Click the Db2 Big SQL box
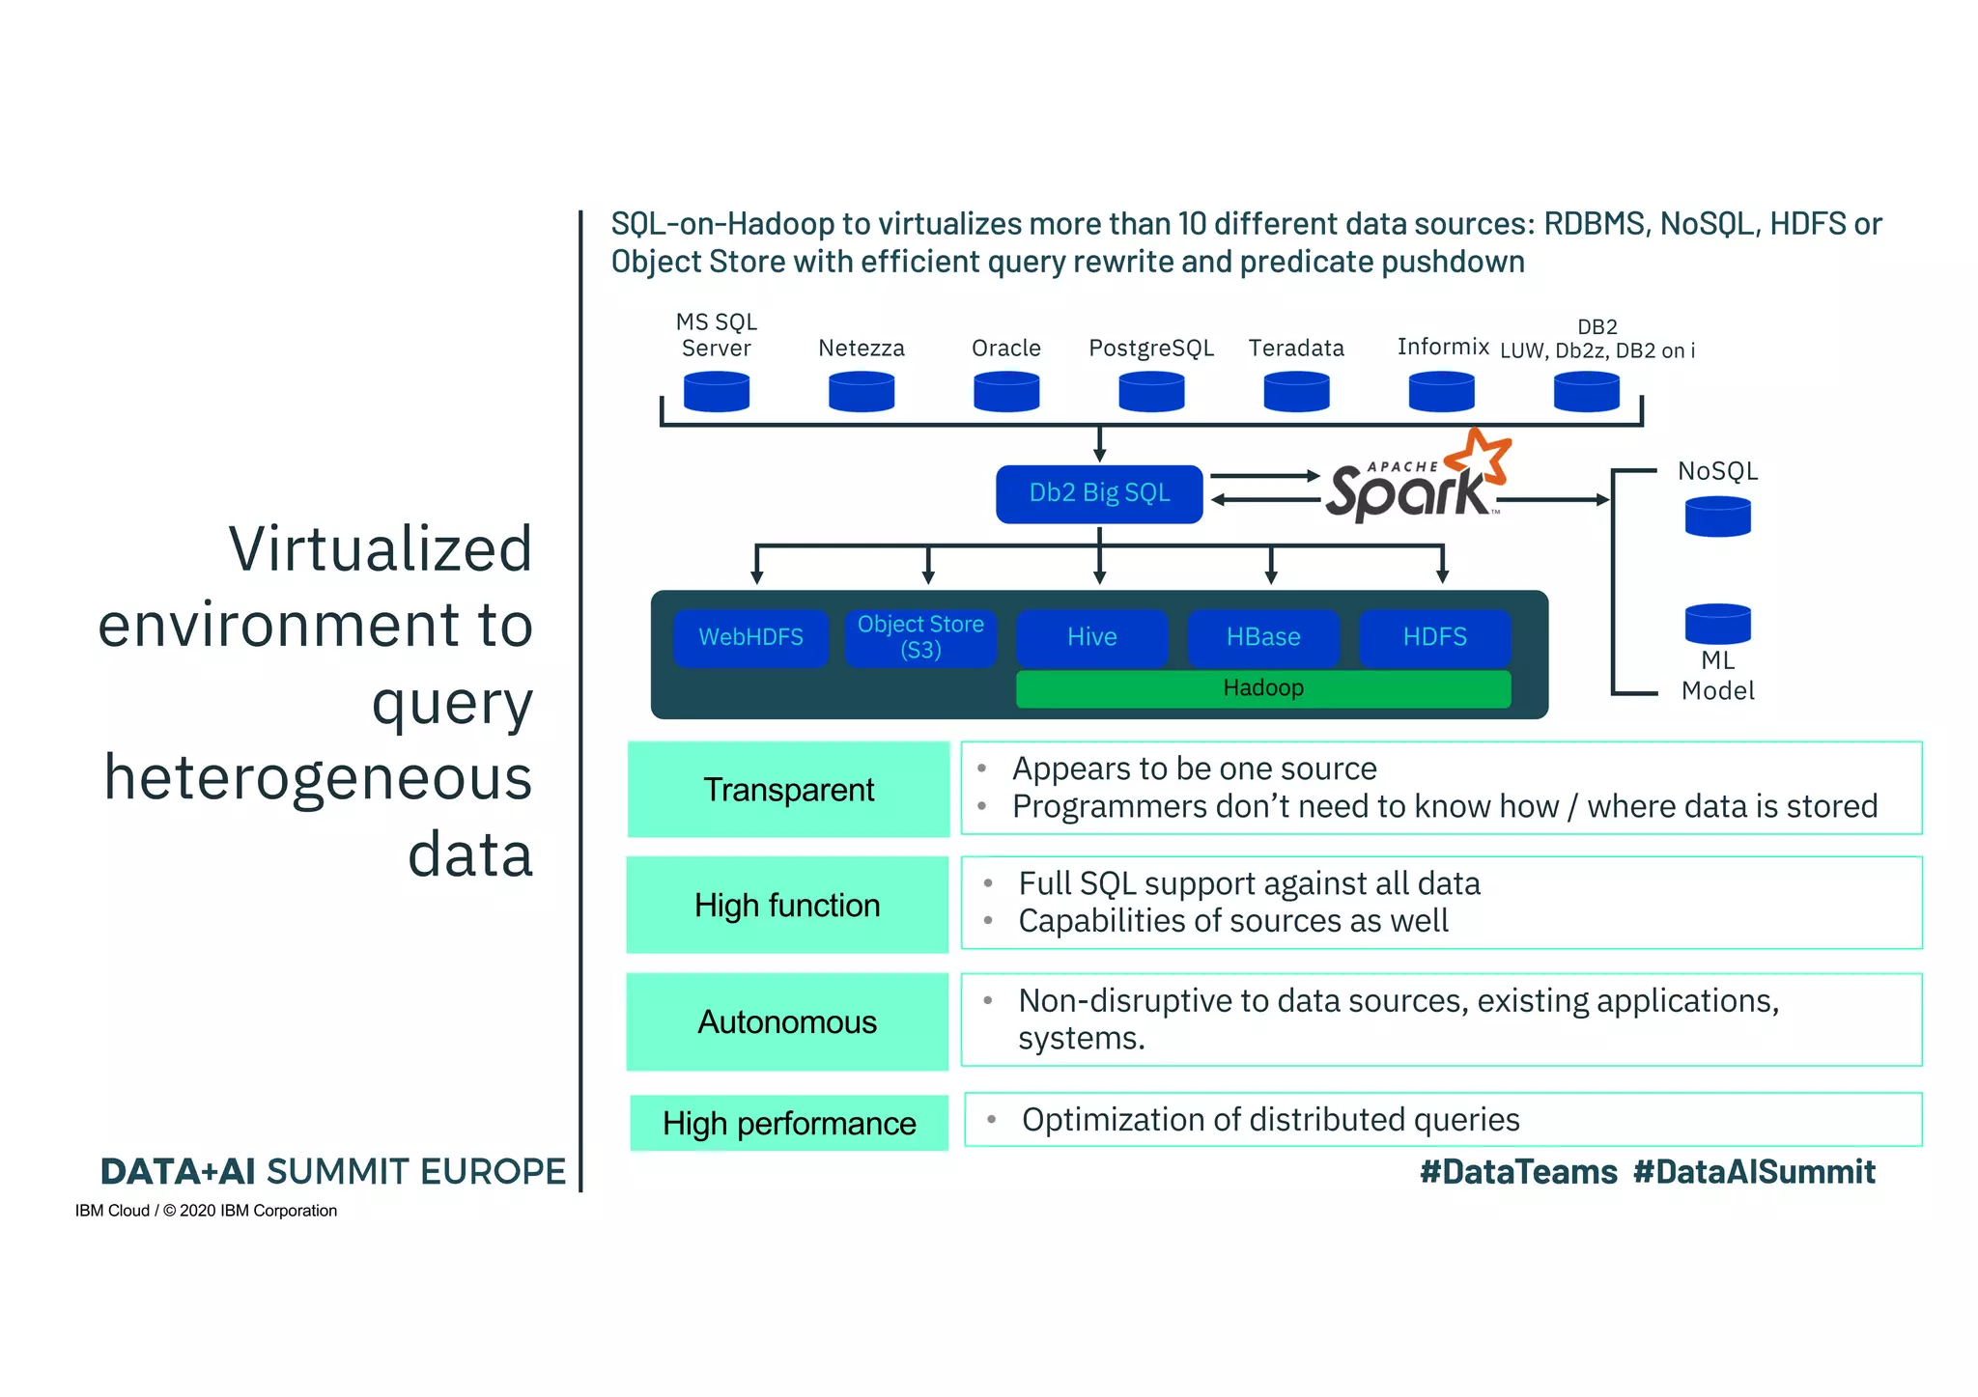(x=1099, y=494)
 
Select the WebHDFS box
(x=750, y=637)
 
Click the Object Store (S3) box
(x=920, y=637)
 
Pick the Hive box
(x=1091, y=637)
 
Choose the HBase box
(x=1263, y=637)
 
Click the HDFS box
(x=1434, y=637)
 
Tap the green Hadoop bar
(x=1263, y=688)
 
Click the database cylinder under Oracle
(x=1006, y=392)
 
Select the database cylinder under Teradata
(x=1296, y=392)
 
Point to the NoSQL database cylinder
(x=1717, y=517)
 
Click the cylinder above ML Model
(x=1717, y=624)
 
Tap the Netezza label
(x=862, y=349)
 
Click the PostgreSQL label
(x=1151, y=349)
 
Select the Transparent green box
(x=788, y=790)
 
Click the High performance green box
(x=789, y=1123)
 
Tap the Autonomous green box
(x=787, y=1021)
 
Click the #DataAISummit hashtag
(x=1754, y=1172)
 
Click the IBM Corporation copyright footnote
(x=206, y=1211)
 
